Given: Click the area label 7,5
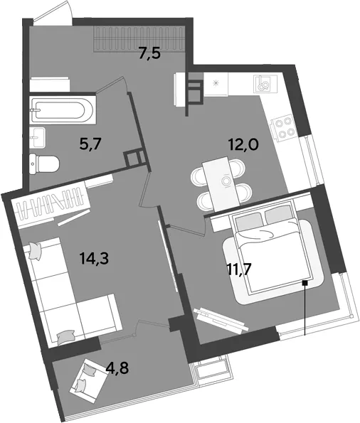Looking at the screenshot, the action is [149, 53].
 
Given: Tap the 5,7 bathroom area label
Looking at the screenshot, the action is [90, 144].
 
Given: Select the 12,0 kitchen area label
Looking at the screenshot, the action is [243, 144].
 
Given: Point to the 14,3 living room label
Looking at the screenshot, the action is [94, 258].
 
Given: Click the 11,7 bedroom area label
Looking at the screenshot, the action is [240, 269].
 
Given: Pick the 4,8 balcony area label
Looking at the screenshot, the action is [117, 368].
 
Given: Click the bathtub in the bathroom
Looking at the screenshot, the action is [63, 110].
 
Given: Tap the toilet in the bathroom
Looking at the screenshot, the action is [44, 164].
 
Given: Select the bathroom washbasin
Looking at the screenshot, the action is [38, 137].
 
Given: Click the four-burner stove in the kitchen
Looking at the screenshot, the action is [284, 127].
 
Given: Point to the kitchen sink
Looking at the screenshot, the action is [265, 83].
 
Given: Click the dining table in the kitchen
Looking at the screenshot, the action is [221, 184].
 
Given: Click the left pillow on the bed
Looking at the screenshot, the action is [249, 221].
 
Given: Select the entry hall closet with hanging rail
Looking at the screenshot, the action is [139, 39].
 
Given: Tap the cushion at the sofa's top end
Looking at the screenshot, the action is [35, 250].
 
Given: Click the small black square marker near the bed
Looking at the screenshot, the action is [305, 283].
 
